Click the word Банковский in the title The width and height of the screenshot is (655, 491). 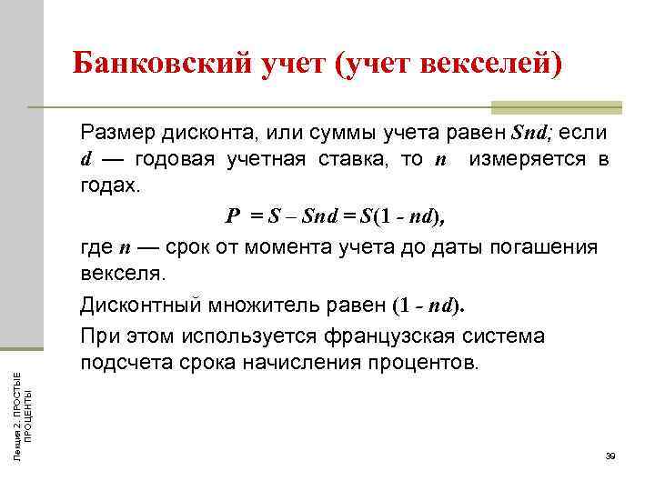coord(152,64)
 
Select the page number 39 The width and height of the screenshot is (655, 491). coord(610,456)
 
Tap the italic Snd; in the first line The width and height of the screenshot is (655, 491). coord(531,134)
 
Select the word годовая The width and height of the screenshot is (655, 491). coord(174,160)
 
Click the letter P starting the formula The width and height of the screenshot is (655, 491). coord(232,216)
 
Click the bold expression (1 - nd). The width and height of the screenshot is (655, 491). coord(428,306)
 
